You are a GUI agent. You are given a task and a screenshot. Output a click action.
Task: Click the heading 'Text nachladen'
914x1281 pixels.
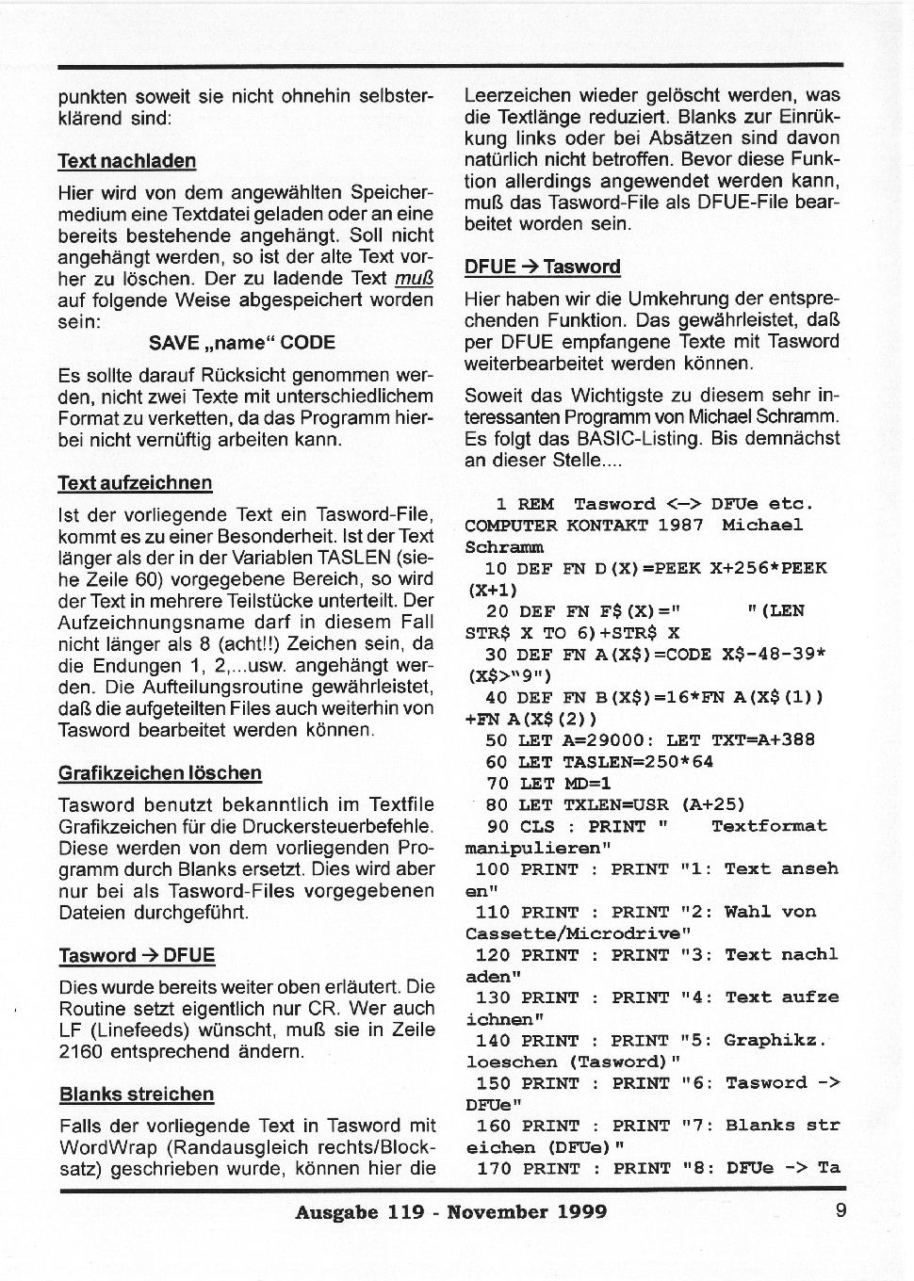pyautogui.click(x=127, y=161)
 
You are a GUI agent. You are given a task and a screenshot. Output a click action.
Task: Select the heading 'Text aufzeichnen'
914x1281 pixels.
pyautogui.click(x=135, y=483)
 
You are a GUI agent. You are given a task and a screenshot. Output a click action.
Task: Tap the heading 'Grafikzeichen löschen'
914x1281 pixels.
pyautogui.click(x=160, y=773)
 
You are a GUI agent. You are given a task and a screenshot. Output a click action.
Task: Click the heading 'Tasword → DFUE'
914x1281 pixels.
pyautogui.click(x=137, y=956)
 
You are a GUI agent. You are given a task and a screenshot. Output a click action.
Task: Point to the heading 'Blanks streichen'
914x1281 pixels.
pyautogui.click(x=137, y=1095)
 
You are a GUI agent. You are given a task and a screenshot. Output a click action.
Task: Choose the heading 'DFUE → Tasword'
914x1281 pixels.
pyautogui.click(x=543, y=267)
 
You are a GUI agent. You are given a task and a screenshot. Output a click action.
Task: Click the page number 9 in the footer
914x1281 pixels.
pyautogui.click(x=841, y=1211)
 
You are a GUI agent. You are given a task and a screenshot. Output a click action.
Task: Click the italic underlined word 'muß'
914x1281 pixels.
pyautogui.click(x=414, y=279)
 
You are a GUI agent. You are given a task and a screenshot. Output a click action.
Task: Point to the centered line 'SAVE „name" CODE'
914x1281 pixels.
pyautogui.click(x=242, y=343)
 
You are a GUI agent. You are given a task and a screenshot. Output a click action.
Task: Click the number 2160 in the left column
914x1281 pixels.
pyautogui.click(x=80, y=1052)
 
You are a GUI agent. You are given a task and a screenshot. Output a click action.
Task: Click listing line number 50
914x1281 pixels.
pyautogui.click(x=496, y=740)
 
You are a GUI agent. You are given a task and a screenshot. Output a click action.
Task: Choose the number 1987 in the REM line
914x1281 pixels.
pyautogui.click(x=680, y=525)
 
